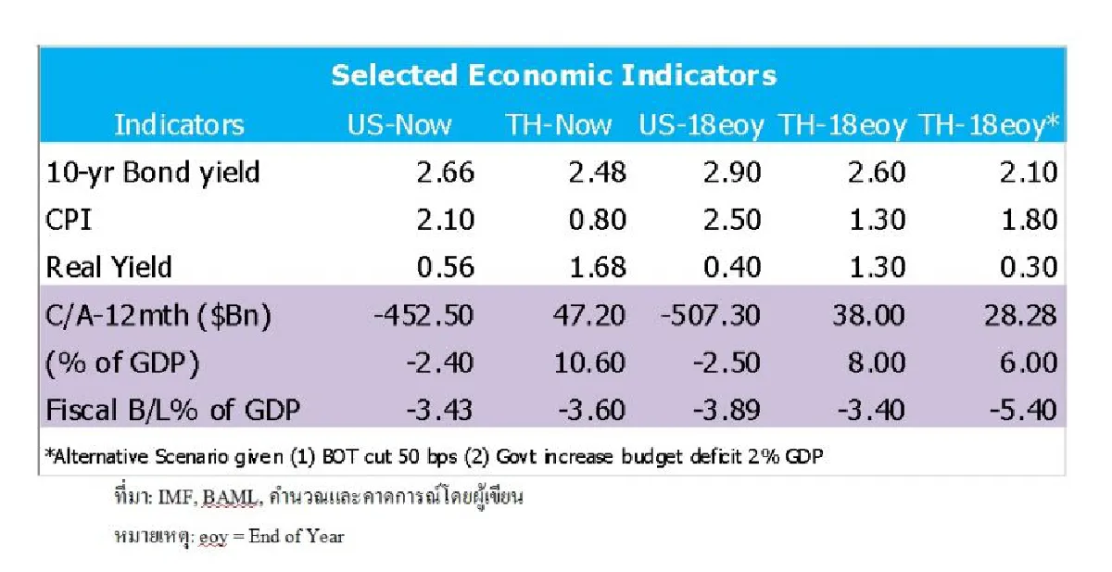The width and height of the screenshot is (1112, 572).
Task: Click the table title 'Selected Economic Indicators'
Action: [553, 74]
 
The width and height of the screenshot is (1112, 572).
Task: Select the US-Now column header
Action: [399, 124]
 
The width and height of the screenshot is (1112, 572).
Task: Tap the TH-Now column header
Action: [558, 124]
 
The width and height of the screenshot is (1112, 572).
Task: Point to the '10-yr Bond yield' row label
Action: [153, 172]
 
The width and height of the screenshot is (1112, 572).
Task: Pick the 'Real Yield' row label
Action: [109, 267]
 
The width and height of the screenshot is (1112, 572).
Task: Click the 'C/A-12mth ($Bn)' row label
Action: [158, 315]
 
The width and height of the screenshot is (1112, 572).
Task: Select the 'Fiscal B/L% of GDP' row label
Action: [172, 409]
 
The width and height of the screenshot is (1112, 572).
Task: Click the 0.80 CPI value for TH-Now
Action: [597, 220]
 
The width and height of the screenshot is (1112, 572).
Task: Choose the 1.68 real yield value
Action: [597, 267]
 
